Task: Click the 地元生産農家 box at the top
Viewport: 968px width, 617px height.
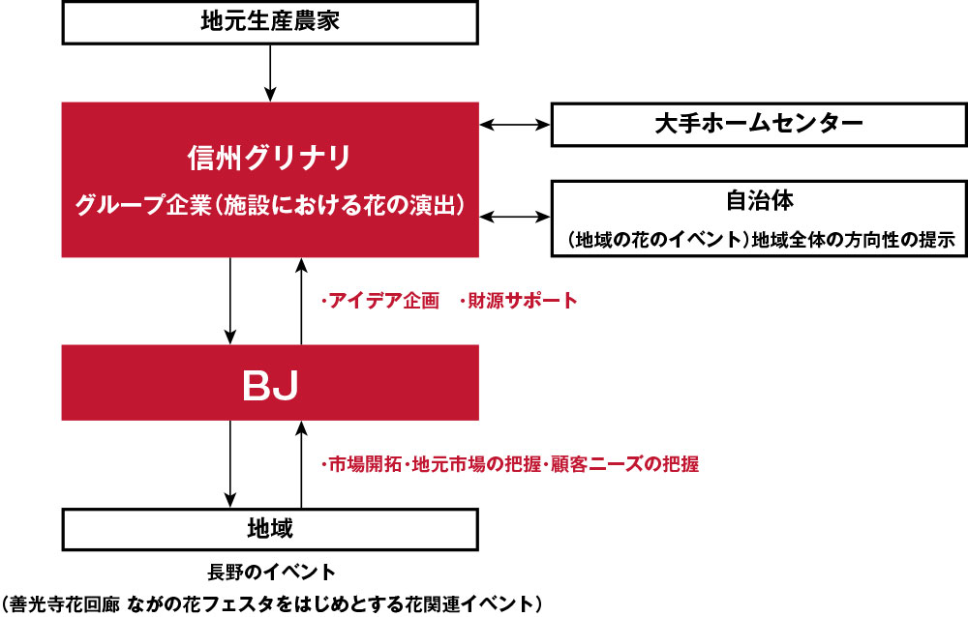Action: point(270,22)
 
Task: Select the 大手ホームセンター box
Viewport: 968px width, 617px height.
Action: point(759,125)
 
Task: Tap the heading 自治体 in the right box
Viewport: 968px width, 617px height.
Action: point(759,200)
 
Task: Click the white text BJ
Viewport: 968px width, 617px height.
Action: point(270,386)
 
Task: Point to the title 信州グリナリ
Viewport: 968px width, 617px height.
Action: point(270,158)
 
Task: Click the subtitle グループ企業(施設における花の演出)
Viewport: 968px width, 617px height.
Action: point(270,205)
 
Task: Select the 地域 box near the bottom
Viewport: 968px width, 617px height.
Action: point(270,529)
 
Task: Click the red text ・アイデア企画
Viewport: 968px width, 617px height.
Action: point(380,301)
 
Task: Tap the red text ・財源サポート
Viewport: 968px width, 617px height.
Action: point(519,301)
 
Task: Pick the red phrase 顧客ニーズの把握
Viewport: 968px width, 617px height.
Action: point(624,464)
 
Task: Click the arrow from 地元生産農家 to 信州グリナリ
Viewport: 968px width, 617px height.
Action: point(270,73)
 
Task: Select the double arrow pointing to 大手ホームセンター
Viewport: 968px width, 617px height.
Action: point(515,125)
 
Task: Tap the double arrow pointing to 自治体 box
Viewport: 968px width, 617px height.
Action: point(515,217)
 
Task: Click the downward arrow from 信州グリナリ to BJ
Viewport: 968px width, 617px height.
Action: point(230,301)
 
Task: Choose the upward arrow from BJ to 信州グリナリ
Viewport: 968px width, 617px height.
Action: point(301,301)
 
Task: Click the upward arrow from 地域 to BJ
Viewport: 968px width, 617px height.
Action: point(301,464)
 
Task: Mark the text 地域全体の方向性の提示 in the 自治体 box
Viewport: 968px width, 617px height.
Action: point(853,240)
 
